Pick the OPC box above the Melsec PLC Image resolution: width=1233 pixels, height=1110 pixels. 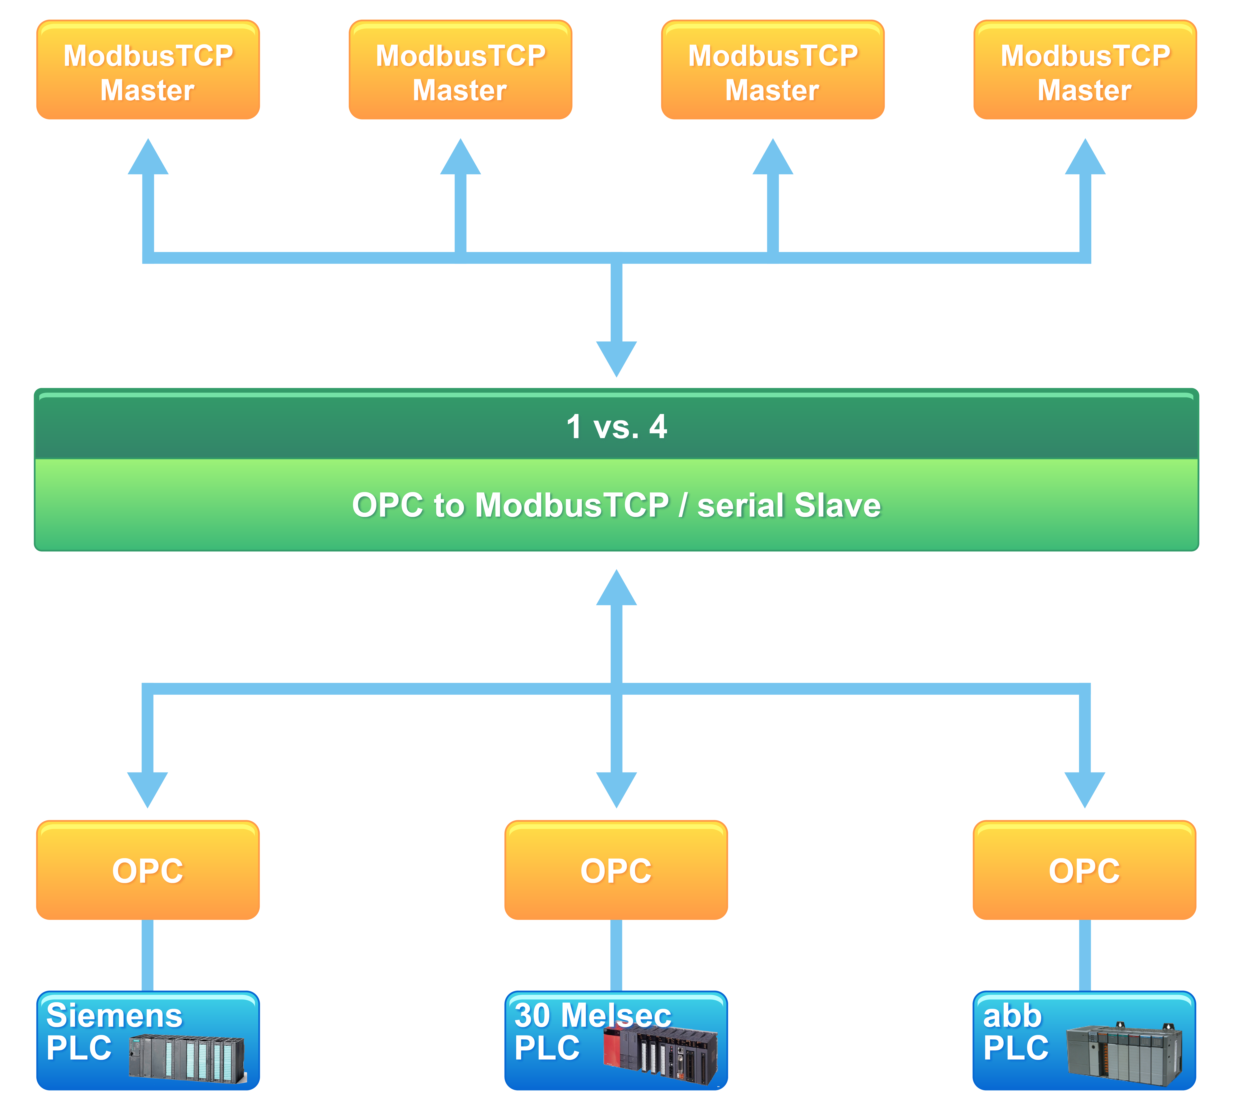616,870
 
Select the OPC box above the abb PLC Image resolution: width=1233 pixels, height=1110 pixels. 1084,870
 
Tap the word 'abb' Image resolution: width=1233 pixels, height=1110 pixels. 1012,1015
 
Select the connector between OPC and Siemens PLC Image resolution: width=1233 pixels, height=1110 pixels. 148,955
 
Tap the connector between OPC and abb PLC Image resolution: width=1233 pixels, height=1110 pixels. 1085,955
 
